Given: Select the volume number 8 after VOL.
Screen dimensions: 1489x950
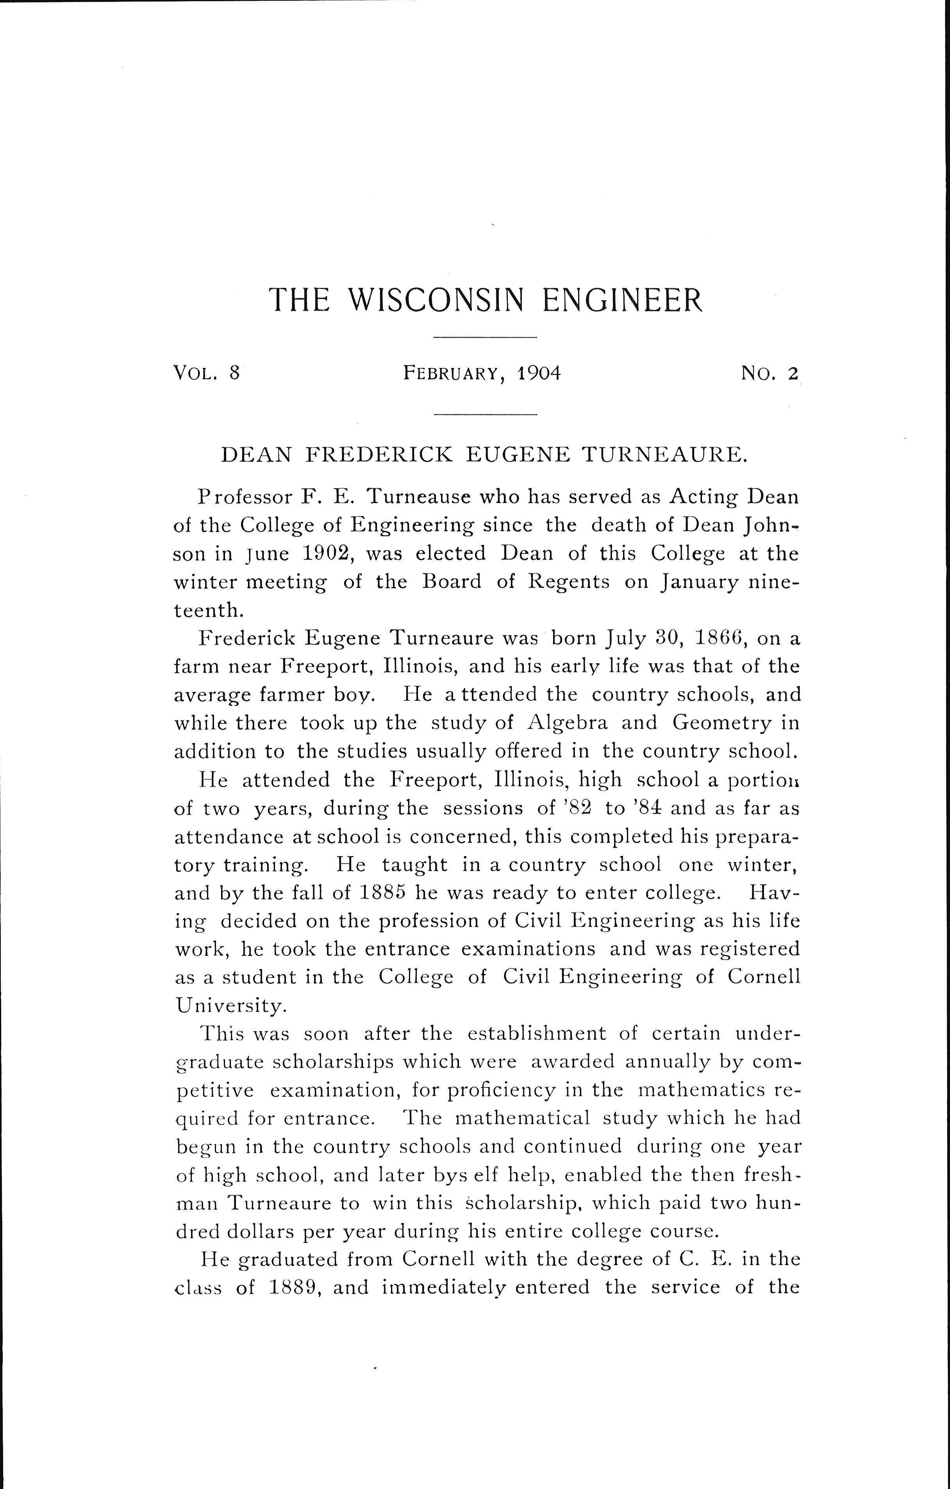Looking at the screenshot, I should click(233, 373).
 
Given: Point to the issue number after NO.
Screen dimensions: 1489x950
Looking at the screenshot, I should click(793, 373).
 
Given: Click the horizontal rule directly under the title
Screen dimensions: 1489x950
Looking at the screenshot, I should click(485, 337).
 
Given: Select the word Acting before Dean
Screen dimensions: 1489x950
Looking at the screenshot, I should click(704, 496).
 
